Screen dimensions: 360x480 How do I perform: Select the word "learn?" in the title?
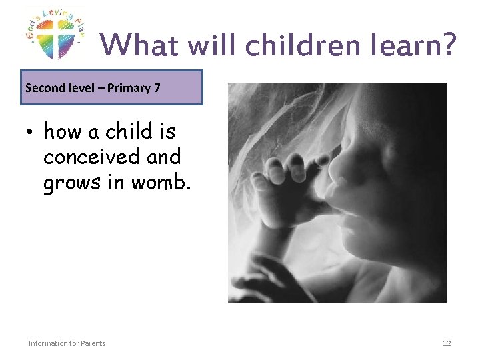pos(421,45)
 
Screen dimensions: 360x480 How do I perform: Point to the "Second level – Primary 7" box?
pos(111,87)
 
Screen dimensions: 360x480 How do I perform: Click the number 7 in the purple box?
pos(157,87)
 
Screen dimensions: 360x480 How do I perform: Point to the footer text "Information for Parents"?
pos(67,343)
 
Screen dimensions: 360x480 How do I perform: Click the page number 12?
pos(447,343)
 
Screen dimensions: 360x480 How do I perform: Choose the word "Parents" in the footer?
pos(92,343)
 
